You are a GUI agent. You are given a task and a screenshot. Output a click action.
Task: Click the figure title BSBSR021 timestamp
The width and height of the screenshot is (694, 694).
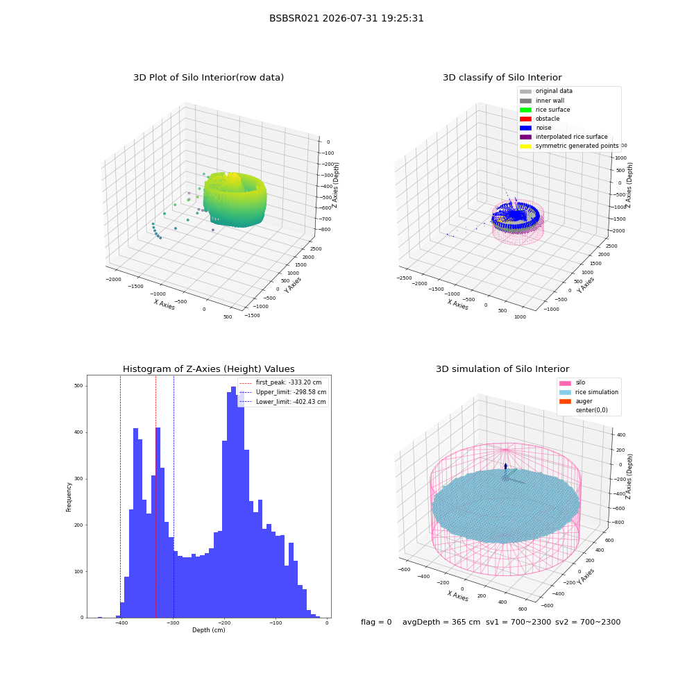tap(346, 19)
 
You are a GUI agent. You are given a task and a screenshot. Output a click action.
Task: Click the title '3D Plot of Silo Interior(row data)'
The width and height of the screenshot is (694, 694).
tap(208, 78)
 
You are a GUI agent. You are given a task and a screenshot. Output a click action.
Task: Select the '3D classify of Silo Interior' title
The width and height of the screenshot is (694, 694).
tap(502, 78)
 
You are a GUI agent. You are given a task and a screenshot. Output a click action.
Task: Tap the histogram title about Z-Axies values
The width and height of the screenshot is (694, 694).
tap(208, 369)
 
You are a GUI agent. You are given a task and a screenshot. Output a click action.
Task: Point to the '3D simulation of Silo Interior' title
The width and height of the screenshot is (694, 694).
tap(502, 369)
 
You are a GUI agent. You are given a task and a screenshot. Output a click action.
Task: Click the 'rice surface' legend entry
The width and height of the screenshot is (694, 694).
tap(545, 110)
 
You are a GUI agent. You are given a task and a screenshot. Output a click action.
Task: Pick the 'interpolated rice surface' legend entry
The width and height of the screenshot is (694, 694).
tap(564, 137)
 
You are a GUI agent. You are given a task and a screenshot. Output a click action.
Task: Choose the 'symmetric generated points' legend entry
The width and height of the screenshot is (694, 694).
tap(569, 146)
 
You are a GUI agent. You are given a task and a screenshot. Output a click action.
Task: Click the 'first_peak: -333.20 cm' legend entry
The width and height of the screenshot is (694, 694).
tap(280, 382)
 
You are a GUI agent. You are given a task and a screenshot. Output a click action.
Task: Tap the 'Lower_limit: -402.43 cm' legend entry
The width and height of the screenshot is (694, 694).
tap(283, 402)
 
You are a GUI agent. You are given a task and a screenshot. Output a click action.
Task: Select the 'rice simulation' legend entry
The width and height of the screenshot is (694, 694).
tap(589, 392)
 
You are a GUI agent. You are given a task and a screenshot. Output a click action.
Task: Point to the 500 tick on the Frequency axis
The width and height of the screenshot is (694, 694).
tap(79, 386)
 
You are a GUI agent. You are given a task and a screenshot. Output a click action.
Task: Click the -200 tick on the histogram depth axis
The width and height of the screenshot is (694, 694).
tap(224, 623)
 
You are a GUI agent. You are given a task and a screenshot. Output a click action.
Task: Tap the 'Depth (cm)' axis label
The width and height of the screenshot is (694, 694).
tap(208, 630)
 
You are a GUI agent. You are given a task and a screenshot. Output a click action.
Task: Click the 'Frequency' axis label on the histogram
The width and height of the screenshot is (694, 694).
tap(69, 497)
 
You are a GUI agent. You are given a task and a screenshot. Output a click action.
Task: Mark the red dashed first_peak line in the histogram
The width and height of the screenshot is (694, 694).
tap(155, 497)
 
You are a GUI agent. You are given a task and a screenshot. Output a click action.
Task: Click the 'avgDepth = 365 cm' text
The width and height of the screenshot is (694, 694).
tap(441, 623)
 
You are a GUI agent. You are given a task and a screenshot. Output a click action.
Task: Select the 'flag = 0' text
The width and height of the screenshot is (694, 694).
tap(376, 623)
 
